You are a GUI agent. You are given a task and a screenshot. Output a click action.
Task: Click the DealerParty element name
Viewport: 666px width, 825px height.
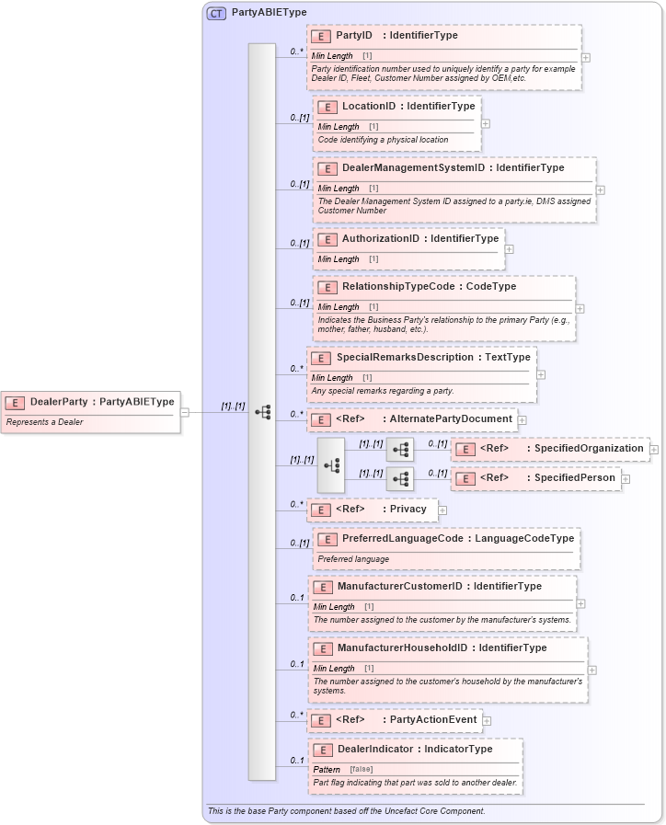59,401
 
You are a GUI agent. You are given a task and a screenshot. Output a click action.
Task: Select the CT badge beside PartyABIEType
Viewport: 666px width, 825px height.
216,13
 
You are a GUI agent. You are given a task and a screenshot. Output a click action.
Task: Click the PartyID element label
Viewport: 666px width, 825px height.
354,36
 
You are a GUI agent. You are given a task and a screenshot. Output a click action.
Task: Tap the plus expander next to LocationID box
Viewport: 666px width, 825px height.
486,123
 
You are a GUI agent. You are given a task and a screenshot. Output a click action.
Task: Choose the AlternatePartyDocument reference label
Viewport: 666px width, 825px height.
451,419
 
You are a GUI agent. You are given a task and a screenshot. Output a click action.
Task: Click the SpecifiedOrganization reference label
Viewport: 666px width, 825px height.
589,449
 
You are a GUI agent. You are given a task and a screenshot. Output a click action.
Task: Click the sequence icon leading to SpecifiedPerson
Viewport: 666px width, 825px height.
400,479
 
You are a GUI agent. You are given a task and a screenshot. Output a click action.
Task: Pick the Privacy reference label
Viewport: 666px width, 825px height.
408,509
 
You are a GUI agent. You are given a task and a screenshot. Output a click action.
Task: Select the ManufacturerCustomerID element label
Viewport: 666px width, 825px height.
400,586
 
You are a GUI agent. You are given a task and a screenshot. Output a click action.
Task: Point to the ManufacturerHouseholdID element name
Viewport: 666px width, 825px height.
403,647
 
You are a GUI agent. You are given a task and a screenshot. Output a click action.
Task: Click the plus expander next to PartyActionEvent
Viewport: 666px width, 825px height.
487,721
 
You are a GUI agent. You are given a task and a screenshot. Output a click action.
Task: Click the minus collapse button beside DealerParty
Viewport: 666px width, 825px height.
185,412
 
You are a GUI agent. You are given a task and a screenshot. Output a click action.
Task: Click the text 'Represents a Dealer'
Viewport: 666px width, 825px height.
44,422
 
